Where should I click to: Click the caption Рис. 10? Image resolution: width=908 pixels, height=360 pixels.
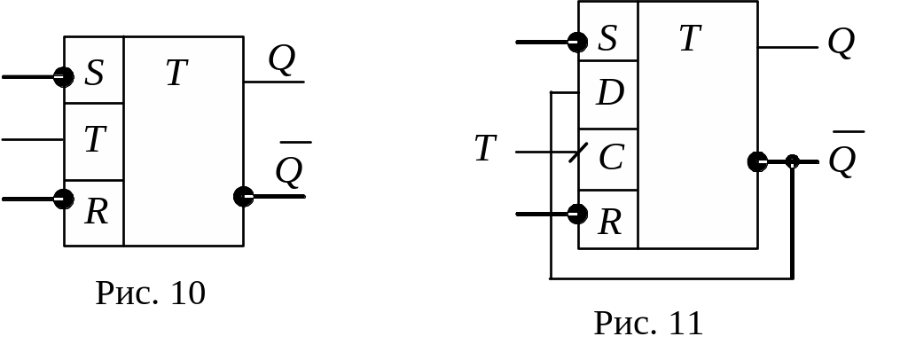pyautogui.click(x=151, y=293)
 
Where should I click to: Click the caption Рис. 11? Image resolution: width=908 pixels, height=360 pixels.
pyautogui.click(x=648, y=324)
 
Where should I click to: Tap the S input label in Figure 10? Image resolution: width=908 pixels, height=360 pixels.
pyautogui.click(x=94, y=74)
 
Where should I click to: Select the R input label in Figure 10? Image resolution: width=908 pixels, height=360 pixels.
pyautogui.click(x=95, y=212)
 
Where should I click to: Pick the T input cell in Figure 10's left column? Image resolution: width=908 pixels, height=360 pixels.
pyautogui.click(x=94, y=140)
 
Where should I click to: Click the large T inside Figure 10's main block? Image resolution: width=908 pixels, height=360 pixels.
pyautogui.click(x=176, y=74)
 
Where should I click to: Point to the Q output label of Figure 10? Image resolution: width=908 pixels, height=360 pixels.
pyautogui.click(x=281, y=60)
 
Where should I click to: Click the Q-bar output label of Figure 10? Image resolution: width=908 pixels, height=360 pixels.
pyautogui.click(x=289, y=170)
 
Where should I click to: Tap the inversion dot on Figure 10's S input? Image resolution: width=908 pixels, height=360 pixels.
pyautogui.click(x=64, y=77)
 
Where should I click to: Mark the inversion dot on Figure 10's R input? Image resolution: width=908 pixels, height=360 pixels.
pyautogui.click(x=64, y=199)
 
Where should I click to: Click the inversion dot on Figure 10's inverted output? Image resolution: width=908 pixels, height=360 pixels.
pyautogui.click(x=244, y=196)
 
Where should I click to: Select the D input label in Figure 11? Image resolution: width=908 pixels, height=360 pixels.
pyautogui.click(x=609, y=93)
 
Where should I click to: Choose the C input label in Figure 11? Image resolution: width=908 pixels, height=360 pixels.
pyautogui.click(x=611, y=159)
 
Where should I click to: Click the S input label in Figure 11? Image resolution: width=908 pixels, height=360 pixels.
pyautogui.click(x=607, y=39)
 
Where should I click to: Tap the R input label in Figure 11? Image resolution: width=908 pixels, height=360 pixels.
pyautogui.click(x=609, y=223)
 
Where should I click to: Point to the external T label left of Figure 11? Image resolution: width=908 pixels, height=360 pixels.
pyautogui.click(x=485, y=149)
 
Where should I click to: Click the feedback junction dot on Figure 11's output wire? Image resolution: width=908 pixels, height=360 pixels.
pyautogui.click(x=792, y=161)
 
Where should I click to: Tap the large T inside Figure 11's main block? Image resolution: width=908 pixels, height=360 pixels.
pyautogui.click(x=690, y=39)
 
